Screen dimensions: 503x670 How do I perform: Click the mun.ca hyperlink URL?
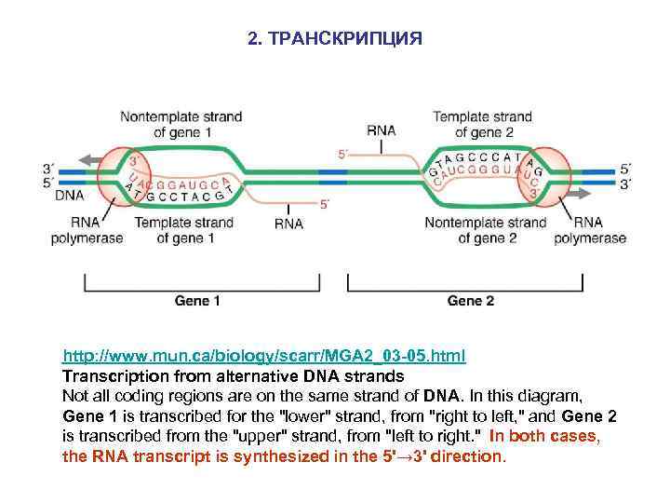[x=264, y=357]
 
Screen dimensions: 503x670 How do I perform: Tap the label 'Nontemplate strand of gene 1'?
[x=182, y=125]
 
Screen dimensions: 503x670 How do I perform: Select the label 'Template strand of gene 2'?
[x=482, y=125]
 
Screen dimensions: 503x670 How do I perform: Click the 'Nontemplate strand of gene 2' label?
[x=486, y=230]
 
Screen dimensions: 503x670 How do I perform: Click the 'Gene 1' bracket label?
[x=197, y=301]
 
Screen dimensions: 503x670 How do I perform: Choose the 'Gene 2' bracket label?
[x=471, y=301]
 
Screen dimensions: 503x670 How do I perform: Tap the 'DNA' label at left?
[x=68, y=196]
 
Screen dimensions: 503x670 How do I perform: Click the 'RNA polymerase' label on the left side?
[x=87, y=230]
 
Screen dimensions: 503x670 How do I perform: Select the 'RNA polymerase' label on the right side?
[x=588, y=230]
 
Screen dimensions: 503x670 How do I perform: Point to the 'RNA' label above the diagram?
[x=382, y=131]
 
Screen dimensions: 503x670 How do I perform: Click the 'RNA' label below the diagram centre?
[x=288, y=224]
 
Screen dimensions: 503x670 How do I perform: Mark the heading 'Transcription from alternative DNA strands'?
[x=233, y=376]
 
